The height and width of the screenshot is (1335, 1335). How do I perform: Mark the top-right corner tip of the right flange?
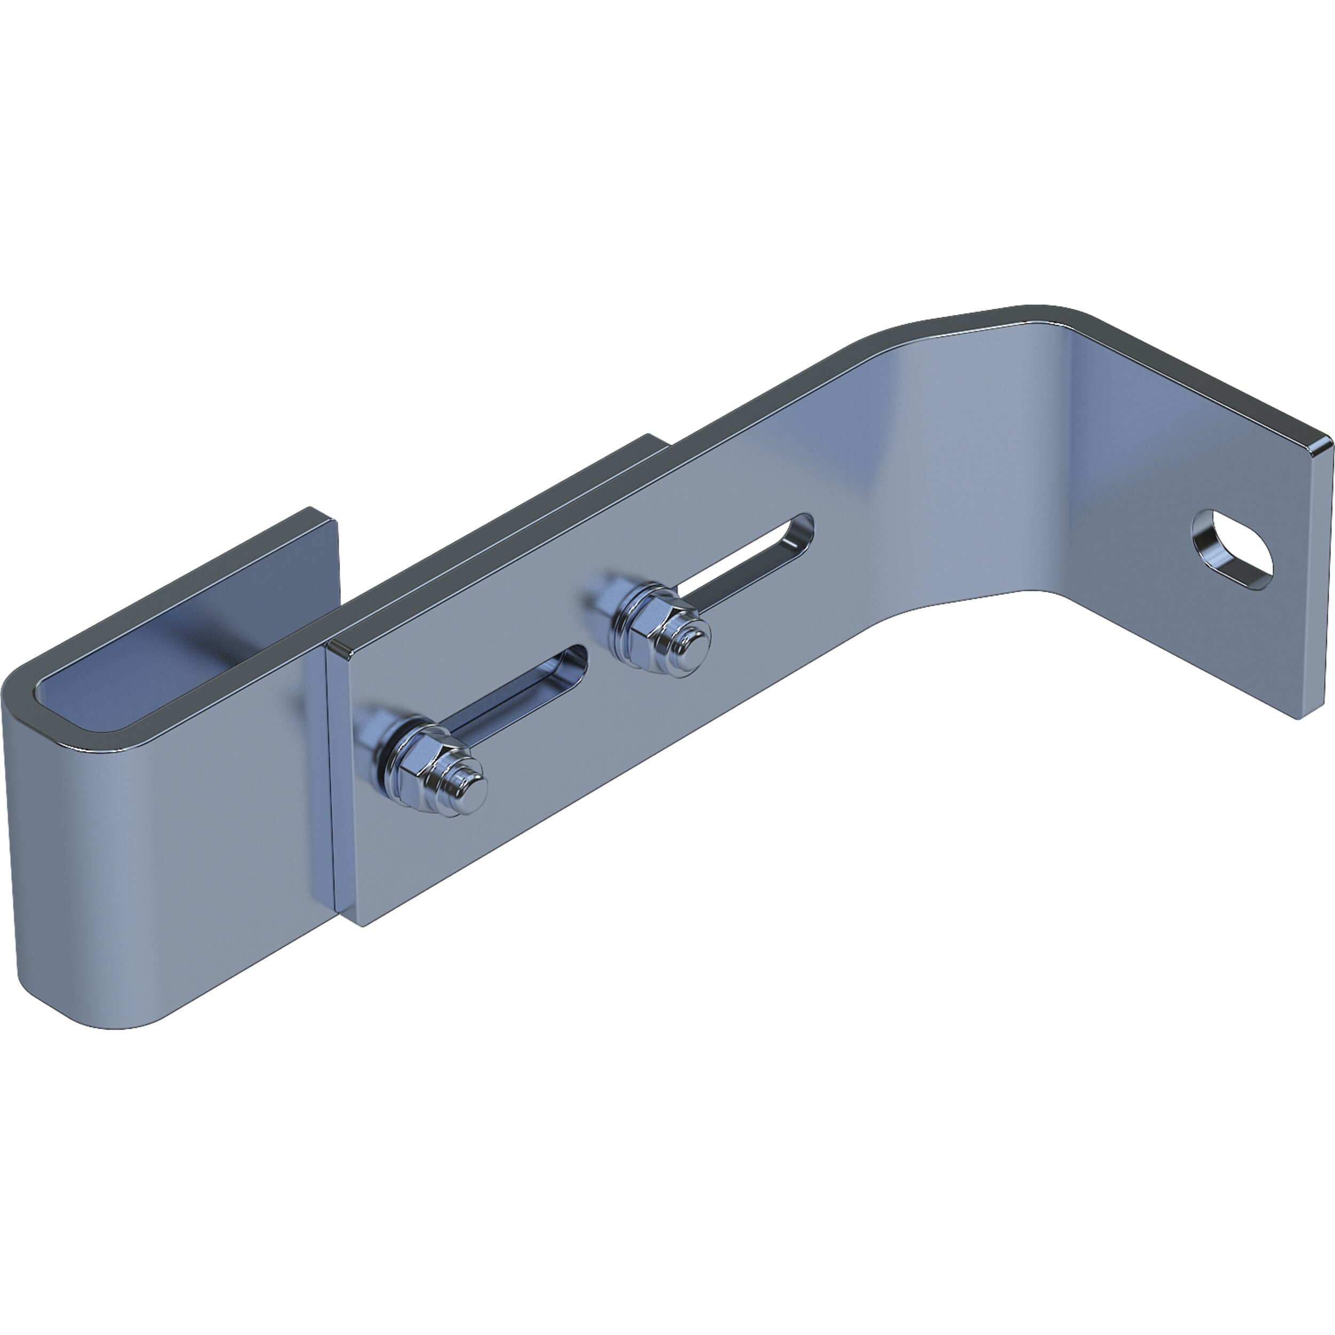(1328, 442)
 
